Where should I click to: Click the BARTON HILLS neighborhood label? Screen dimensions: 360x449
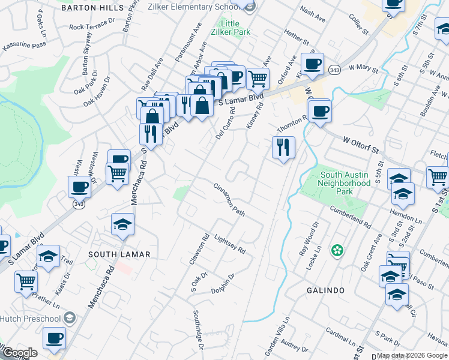[88, 8]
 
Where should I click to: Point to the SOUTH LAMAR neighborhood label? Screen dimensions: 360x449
[119, 254]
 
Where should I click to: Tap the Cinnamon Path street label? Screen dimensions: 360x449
[230, 199]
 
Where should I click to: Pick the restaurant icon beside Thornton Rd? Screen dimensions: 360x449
[283, 146]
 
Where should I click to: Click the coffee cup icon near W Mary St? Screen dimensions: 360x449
[312, 64]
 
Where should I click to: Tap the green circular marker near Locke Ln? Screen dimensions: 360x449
[337, 249]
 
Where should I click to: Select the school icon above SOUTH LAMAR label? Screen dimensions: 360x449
[122, 224]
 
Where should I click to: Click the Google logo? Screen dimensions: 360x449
[19, 353]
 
